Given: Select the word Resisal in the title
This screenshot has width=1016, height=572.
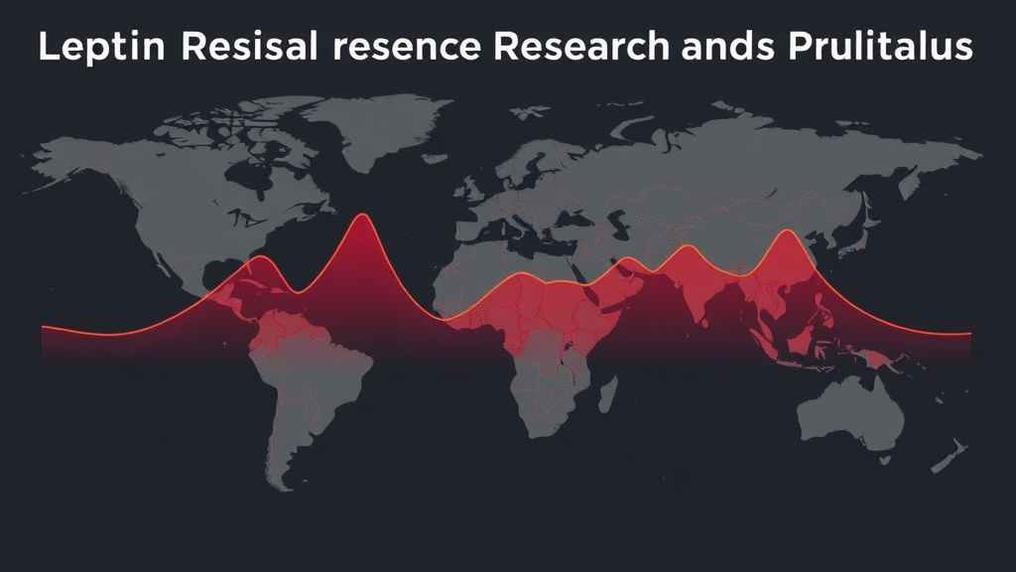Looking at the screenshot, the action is (249, 46).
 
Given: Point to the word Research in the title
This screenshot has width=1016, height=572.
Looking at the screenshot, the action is (581, 46).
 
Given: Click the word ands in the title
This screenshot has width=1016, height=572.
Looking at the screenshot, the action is (727, 47).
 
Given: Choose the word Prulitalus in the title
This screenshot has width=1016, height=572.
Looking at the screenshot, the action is (880, 46).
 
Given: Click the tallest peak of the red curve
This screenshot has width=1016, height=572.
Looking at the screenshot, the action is (362, 214).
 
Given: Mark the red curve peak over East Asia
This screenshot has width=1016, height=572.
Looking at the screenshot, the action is (787, 230).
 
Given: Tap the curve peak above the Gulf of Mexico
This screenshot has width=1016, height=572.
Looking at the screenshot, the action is (260, 257).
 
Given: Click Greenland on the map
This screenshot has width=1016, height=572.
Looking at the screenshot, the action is (376, 126).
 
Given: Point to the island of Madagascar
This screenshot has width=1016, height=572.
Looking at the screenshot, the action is (608, 394).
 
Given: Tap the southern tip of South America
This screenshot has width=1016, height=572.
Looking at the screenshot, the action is (285, 488).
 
